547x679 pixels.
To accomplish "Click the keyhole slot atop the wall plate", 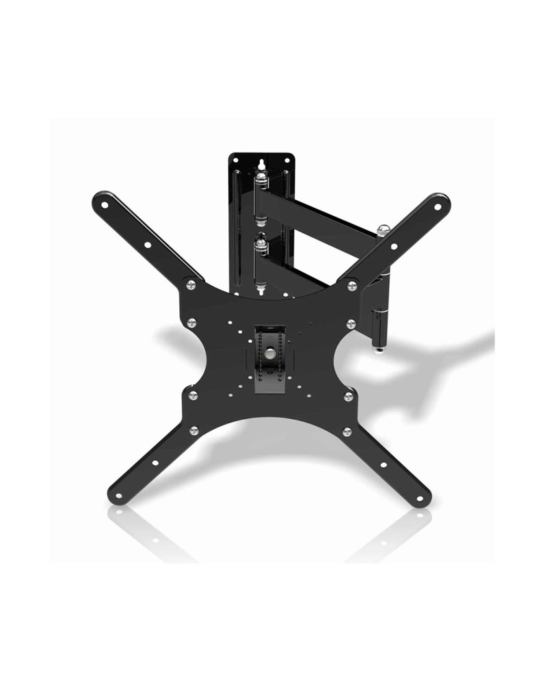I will click(x=261, y=164).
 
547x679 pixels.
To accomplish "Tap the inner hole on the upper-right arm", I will click(x=394, y=245).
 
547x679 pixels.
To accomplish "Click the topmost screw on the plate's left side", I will click(x=191, y=285).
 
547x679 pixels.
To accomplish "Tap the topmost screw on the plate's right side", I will click(x=352, y=285).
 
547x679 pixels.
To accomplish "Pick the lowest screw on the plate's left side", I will click(x=194, y=430).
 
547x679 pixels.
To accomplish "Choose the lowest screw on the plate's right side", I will click(x=347, y=431).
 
